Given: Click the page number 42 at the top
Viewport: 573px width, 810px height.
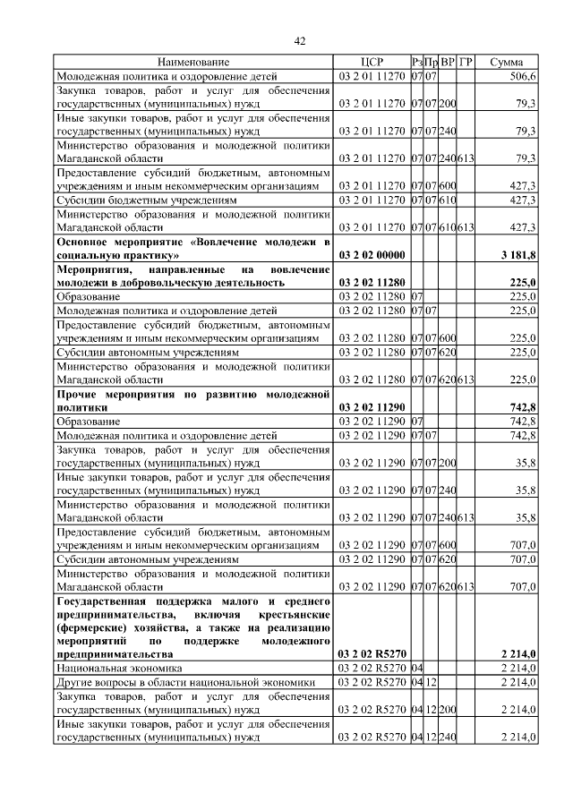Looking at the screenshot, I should [300, 40].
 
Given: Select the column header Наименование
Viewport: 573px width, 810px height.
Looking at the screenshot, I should [193, 62].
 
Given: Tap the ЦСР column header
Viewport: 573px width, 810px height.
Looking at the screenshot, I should [372, 62].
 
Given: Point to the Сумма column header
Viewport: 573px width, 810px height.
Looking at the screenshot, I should [506, 62].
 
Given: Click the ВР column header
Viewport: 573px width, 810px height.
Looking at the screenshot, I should [448, 62].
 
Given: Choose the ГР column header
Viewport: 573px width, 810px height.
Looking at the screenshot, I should [465, 62].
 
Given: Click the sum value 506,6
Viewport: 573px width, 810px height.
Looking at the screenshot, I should [520, 77].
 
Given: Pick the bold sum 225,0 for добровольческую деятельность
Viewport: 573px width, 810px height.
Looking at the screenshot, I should [520, 283].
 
